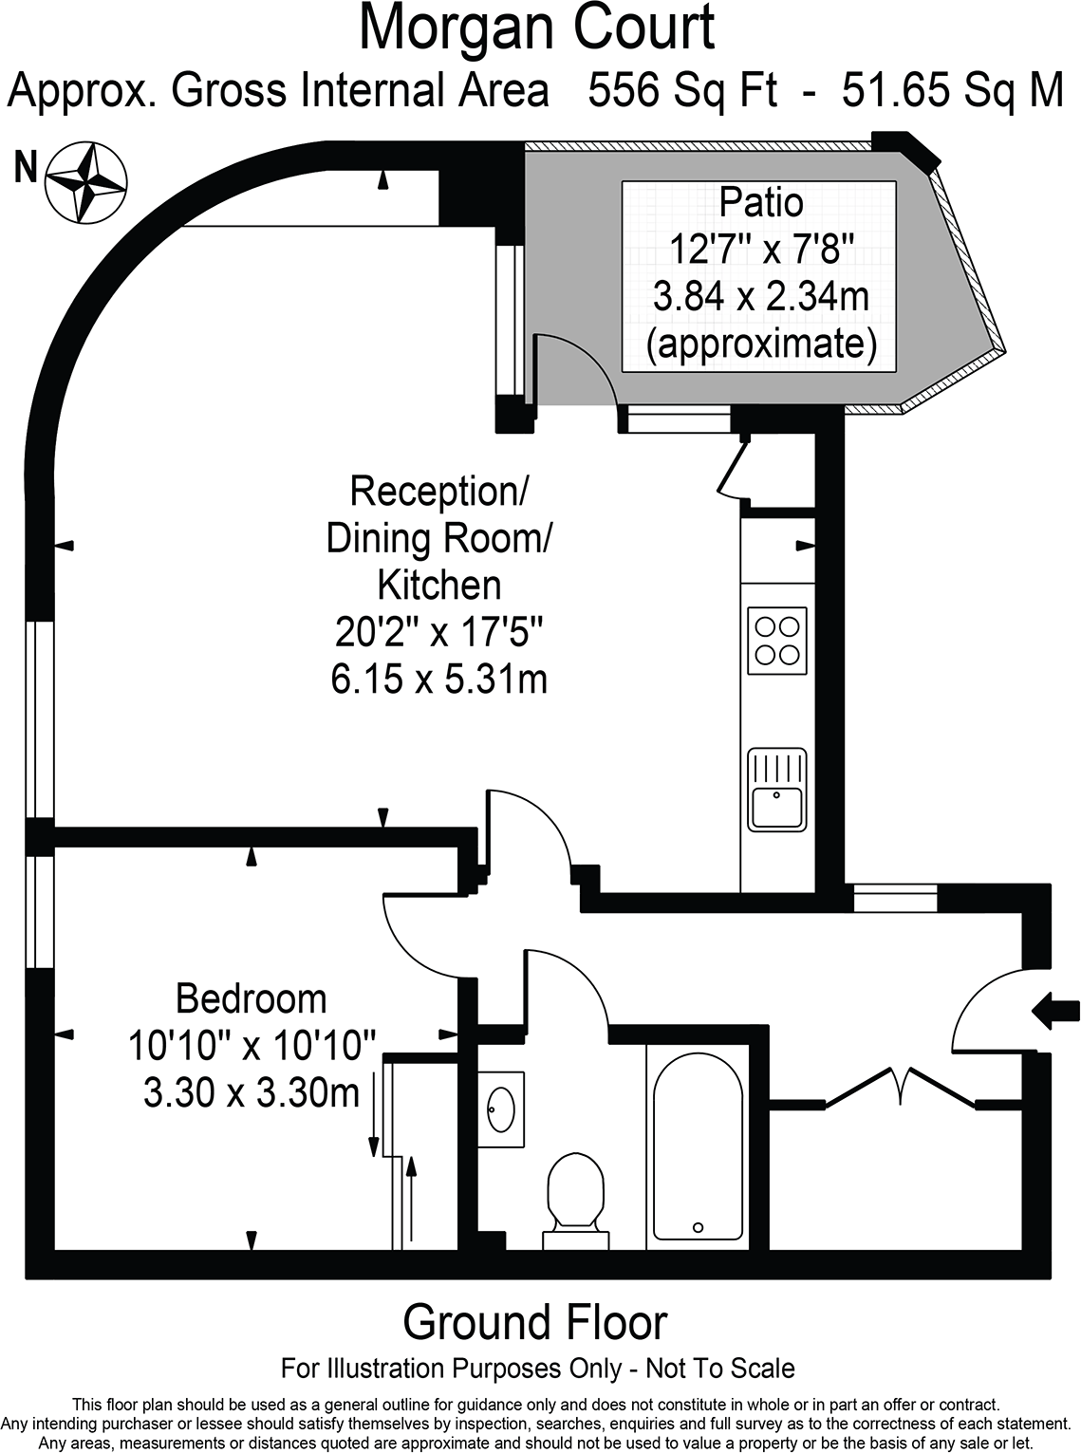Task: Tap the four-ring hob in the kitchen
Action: (777, 641)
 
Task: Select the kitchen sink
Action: (777, 790)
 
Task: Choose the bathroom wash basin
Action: (501, 1109)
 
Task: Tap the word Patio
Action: (760, 202)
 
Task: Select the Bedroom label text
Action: (251, 999)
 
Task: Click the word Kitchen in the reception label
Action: (439, 585)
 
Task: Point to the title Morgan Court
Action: (537, 28)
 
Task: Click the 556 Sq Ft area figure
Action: (682, 90)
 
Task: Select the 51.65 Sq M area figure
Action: (953, 90)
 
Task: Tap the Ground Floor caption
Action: (535, 1322)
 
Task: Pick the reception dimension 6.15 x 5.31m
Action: (439, 680)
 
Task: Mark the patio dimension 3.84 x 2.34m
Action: (761, 296)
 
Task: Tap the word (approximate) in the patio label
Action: (761, 344)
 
